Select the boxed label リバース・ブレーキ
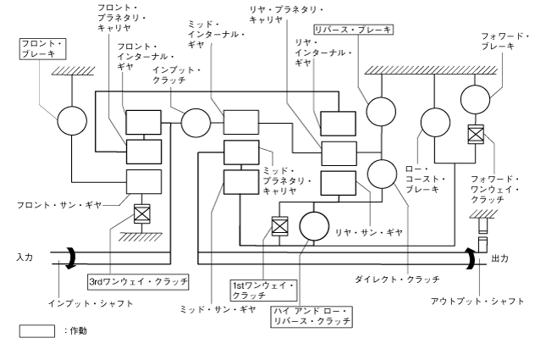(352, 29)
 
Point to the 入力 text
(24, 257)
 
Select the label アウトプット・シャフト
(483, 301)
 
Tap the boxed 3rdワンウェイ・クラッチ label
(137, 279)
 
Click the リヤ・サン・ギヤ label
(368, 230)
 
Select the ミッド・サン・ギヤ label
(218, 309)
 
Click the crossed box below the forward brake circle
(476, 134)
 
